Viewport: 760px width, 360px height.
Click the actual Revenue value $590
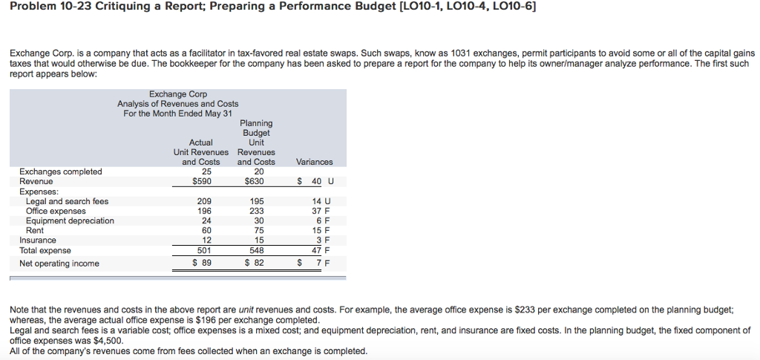200,182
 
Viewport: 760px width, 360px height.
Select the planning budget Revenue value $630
255,182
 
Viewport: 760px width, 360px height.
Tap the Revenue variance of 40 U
315,182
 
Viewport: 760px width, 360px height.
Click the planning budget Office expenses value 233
256,212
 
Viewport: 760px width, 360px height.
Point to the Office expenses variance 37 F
321,212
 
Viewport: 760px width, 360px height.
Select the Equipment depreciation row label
71,221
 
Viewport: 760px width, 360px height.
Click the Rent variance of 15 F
321,231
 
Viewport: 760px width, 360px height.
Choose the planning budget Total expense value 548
256,250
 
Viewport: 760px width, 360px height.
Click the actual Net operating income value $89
202,264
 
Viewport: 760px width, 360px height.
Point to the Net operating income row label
59,264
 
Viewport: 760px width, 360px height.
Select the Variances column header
314,162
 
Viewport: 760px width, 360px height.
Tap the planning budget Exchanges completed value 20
256,171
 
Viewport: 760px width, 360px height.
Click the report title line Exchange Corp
178,94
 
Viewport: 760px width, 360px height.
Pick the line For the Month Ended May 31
178,114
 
